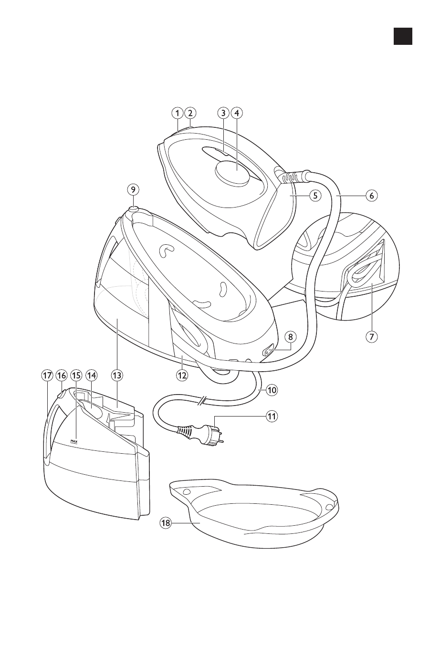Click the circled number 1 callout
177,114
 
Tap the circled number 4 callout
237,114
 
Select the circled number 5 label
314,195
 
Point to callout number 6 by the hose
372,195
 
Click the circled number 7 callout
372,336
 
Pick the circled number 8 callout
290,336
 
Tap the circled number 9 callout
133,189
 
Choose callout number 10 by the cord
272,390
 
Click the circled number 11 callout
272,417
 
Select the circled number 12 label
182,375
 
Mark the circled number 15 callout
76,375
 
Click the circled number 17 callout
46,375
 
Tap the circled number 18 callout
166,523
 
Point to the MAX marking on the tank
74,441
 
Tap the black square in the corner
403,36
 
